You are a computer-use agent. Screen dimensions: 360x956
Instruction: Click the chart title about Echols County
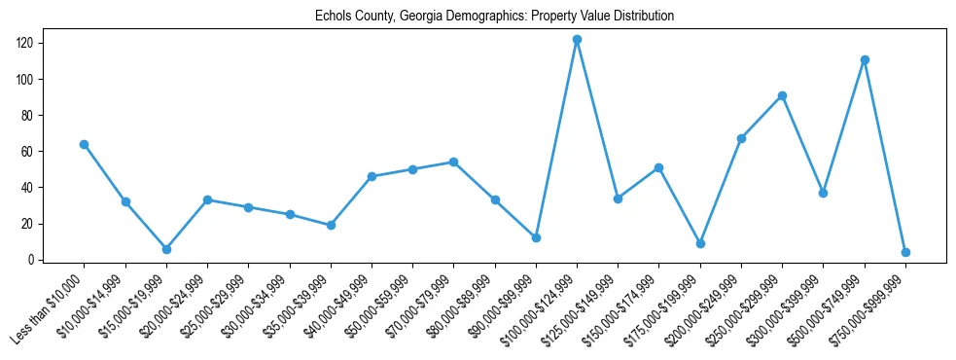coord(494,17)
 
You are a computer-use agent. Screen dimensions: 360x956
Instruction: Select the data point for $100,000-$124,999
coord(577,40)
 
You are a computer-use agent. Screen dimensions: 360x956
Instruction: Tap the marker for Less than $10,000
coord(85,144)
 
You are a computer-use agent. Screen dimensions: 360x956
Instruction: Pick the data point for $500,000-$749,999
coord(865,59)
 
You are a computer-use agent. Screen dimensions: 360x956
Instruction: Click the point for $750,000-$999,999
coord(905,252)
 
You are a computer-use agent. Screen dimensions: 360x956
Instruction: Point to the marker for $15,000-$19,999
coord(166,249)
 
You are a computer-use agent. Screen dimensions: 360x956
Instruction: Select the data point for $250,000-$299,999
coord(782,95)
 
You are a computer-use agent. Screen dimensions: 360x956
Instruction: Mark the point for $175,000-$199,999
coord(700,243)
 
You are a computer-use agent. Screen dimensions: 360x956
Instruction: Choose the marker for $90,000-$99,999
coord(536,237)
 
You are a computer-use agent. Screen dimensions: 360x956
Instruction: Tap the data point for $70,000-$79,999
coord(453,162)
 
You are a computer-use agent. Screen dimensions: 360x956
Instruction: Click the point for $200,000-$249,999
coord(741,138)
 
